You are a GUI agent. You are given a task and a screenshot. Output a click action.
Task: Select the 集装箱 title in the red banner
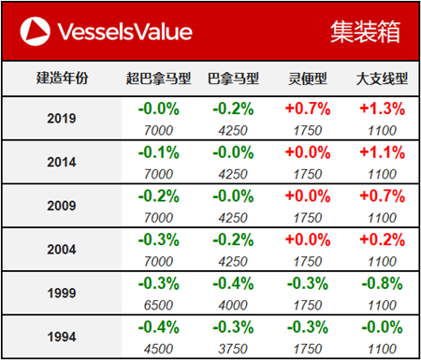click(365, 32)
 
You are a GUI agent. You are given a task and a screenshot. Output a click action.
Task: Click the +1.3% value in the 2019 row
click(381, 108)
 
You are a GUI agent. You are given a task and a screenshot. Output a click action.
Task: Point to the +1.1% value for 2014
click(381, 152)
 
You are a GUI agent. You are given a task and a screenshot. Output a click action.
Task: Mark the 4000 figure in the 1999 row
click(231, 305)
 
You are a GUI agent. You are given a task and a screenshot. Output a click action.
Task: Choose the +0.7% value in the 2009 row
click(381, 196)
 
